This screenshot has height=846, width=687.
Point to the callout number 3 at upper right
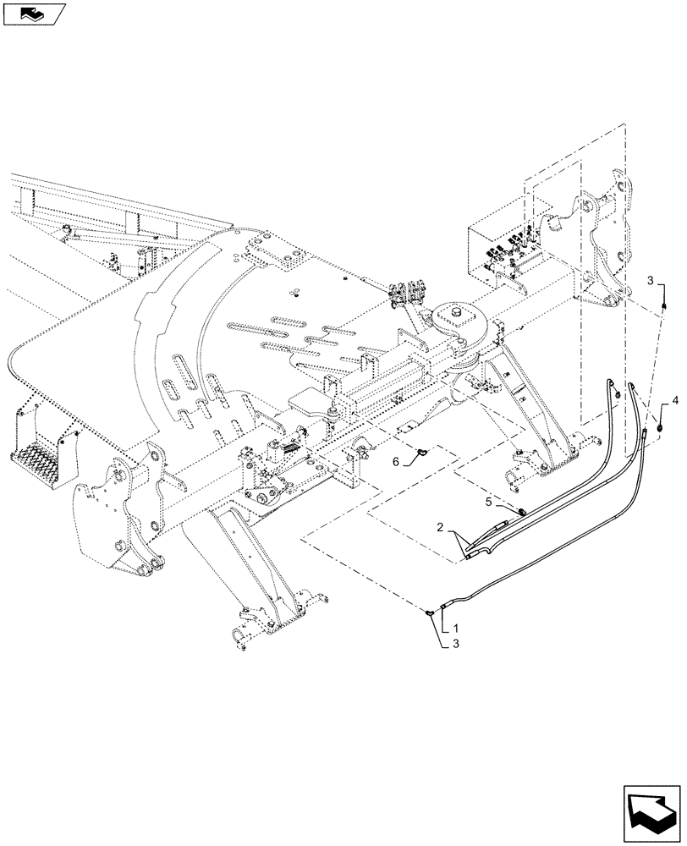point(650,279)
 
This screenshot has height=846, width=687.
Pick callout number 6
point(394,463)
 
